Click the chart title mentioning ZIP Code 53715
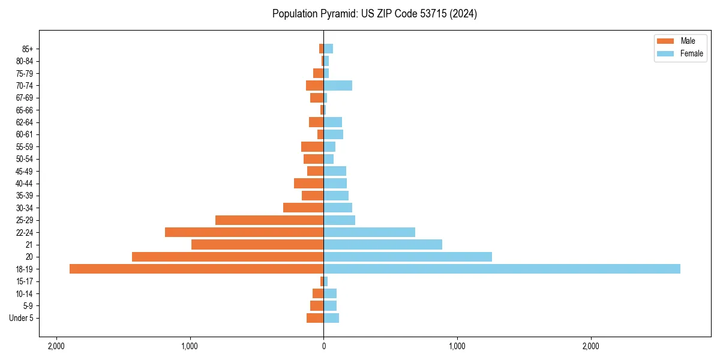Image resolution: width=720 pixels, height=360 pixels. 374,14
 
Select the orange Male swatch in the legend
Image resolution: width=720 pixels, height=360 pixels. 665,41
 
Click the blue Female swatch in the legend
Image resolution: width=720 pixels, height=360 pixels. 665,53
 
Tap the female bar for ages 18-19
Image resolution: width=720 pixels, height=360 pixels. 502,269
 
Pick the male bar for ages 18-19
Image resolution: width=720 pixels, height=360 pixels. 197,269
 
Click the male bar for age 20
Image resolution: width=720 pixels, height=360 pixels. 228,257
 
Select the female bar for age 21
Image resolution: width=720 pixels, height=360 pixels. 383,244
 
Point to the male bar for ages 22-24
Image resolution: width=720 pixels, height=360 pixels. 244,232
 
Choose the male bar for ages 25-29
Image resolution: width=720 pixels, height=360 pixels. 269,220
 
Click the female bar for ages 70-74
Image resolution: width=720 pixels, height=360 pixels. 338,86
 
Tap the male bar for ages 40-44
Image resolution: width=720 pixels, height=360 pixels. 309,184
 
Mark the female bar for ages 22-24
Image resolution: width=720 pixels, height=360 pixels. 369,232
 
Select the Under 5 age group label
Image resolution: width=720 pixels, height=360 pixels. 22,318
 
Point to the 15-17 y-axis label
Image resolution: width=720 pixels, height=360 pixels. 29,281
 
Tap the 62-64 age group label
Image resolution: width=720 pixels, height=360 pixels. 29,122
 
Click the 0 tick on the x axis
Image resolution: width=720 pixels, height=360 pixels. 323,346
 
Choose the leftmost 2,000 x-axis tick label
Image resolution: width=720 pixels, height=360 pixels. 56,346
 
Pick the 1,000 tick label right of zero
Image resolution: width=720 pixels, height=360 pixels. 457,346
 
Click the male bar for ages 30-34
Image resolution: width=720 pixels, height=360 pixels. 304,208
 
